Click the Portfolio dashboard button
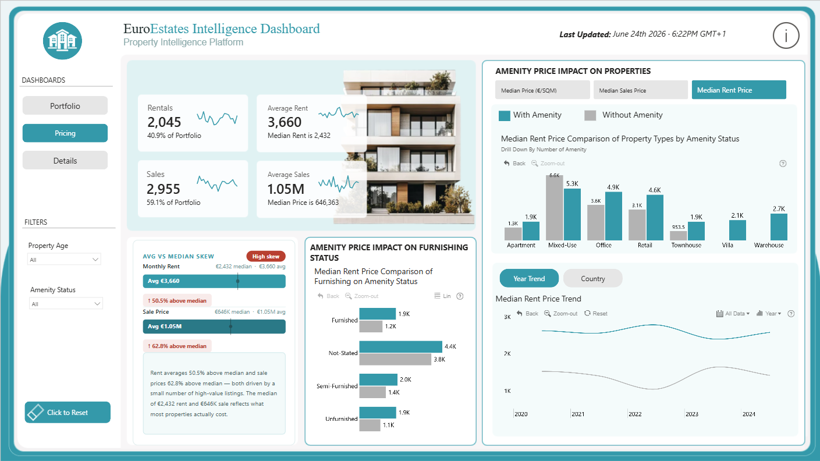(65, 105)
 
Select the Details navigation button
(65, 161)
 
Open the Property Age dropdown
(64, 260)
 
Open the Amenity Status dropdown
(66, 303)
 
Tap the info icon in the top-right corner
(786, 36)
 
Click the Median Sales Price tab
(640, 90)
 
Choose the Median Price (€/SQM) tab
(542, 90)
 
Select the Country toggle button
(592, 278)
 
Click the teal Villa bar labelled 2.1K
(737, 230)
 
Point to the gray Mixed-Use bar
(554, 208)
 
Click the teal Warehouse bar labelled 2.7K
(779, 227)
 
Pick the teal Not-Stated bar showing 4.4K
(400, 346)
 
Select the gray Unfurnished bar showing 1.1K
(370, 425)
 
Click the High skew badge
(266, 256)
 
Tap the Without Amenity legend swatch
(590, 115)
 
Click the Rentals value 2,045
(164, 122)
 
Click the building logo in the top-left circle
(62, 41)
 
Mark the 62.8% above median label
(177, 346)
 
